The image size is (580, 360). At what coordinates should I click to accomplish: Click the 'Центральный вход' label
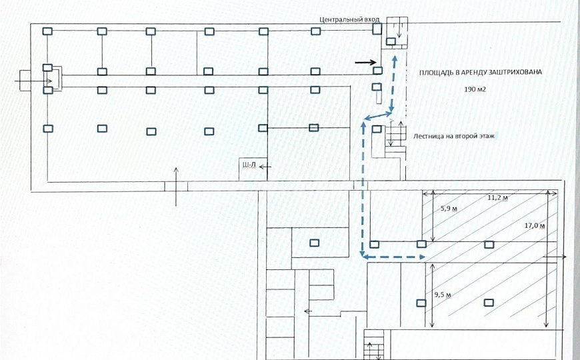coord(349,19)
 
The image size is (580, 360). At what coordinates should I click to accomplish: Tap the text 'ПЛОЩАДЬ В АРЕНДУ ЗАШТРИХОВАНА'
coord(480,72)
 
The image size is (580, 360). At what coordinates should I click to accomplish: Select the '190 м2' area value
coord(475,89)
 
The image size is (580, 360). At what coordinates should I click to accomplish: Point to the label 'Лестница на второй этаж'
coord(454,136)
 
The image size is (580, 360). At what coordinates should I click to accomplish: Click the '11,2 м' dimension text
coord(497,198)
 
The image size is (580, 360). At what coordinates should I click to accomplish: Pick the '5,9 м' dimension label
coord(449,209)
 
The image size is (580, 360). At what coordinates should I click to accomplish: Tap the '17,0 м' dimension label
coord(535,225)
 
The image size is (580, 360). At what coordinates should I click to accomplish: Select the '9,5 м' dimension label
coord(443,295)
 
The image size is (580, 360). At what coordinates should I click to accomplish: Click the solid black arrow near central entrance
coord(365,63)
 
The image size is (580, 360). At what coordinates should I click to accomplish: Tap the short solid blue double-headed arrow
coord(378,115)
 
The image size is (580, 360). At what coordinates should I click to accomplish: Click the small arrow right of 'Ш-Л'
coord(265,167)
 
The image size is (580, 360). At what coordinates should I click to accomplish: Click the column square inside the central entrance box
coord(391,41)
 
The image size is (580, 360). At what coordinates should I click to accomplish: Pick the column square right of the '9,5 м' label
coord(489,303)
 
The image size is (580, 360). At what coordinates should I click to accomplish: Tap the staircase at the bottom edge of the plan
coord(374,344)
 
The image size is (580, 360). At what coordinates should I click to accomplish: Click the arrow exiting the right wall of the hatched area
coord(555,257)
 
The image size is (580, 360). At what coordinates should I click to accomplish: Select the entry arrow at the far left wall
coord(33,81)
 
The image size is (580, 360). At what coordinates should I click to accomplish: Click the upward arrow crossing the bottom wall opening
coord(176,187)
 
